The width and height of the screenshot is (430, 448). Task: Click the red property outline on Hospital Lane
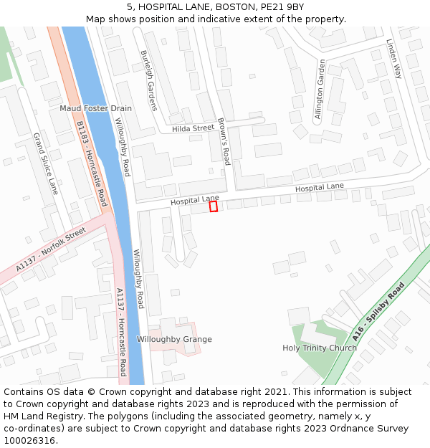tap(213, 206)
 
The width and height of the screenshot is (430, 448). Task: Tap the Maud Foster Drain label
tap(95, 108)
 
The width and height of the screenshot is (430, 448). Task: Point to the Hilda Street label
tap(193, 128)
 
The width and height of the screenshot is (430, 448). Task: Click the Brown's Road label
tap(223, 141)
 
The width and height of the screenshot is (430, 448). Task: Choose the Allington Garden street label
tap(320, 90)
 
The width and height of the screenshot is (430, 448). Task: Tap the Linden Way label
tap(395, 59)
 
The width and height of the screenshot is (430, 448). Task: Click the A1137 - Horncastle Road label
tap(121, 331)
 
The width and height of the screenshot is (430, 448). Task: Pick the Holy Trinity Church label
tap(320, 348)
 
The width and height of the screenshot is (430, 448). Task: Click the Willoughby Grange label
tap(174, 339)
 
